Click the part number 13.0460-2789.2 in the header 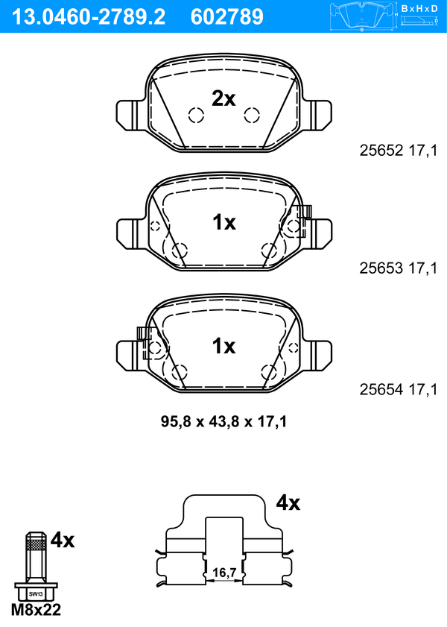click(x=89, y=17)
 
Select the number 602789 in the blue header click(x=227, y=17)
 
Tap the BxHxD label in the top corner click(x=419, y=9)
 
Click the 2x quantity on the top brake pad click(x=223, y=98)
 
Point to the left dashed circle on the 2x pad click(x=196, y=116)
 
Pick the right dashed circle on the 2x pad click(x=252, y=116)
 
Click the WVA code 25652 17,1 click(x=399, y=151)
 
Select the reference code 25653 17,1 click(x=399, y=268)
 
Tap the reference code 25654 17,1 click(x=399, y=389)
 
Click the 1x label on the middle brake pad click(x=224, y=222)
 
